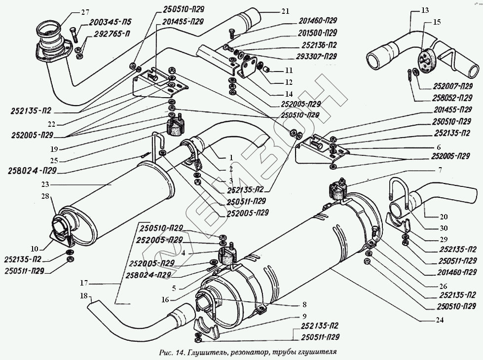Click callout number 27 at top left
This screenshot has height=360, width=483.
point(85,12)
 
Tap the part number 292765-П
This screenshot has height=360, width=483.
point(107,34)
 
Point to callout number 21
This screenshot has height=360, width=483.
point(286,11)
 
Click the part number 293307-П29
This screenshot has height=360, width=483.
point(316,56)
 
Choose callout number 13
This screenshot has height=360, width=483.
point(425,10)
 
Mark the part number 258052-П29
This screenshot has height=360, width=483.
point(452,98)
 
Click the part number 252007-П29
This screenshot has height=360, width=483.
point(453,86)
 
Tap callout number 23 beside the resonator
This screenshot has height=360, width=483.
point(45,184)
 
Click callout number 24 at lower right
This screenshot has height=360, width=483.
point(440,320)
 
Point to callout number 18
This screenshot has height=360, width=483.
point(84,296)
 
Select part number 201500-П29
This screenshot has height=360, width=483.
point(318,33)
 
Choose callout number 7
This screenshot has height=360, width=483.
point(440,170)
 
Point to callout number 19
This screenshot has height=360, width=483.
point(54,149)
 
